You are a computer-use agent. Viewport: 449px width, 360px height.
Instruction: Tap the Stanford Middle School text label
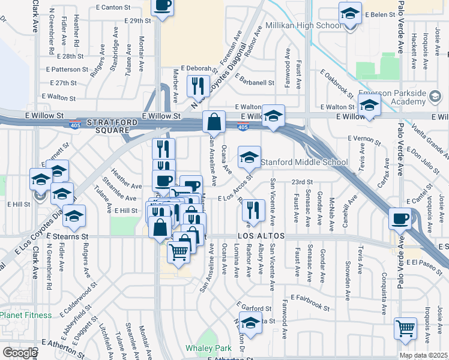[304, 162]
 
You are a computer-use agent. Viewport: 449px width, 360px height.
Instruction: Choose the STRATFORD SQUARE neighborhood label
[107, 126]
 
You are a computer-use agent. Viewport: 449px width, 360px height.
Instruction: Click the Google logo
[19, 353]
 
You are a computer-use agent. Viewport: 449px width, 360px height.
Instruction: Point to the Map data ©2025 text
[423, 355]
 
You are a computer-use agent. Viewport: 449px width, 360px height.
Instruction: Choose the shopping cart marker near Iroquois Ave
[406, 329]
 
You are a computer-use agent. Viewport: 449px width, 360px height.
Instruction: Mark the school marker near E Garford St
[250, 323]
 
